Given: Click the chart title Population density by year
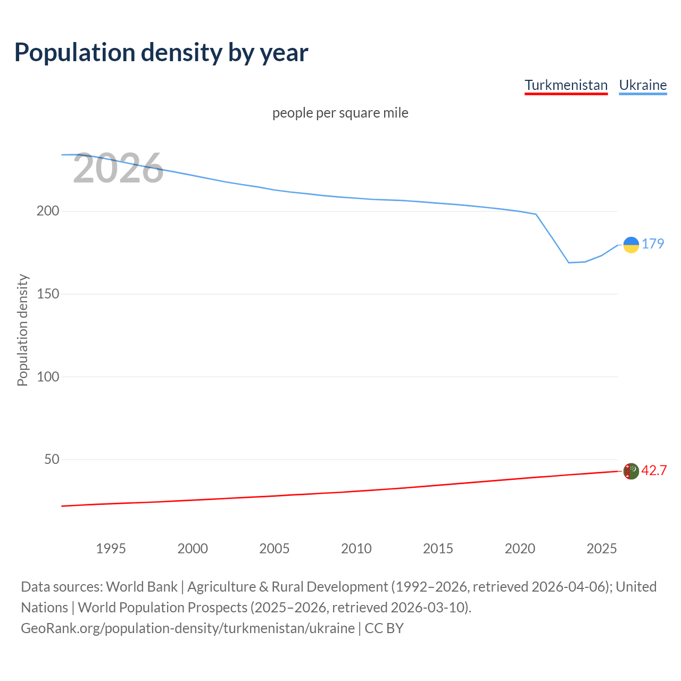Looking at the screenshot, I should tap(161, 52).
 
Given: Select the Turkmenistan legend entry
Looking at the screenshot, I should tap(566, 85).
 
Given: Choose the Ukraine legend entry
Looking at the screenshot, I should tap(643, 85).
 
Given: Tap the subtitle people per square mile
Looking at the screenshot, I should tap(340, 113).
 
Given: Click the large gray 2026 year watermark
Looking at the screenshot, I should tap(118, 169).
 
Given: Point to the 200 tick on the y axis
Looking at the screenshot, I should tap(48, 211).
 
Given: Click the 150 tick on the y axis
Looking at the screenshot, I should tap(48, 294).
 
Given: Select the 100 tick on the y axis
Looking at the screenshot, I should tap(48, 377).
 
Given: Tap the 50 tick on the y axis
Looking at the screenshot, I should tap(52, 459).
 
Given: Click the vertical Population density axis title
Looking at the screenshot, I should tap(22, 330).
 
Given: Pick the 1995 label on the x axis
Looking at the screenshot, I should tap(111, 549).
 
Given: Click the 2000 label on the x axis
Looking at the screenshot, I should tap(193, 549).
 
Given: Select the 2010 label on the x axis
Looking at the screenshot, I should tap(356, 549).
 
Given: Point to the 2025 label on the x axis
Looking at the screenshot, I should tap(602, 549).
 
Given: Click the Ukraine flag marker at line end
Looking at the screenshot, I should tap(631, 245).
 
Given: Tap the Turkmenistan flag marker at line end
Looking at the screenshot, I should tap(631, 471).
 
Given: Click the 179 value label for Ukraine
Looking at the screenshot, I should tap(653, 244).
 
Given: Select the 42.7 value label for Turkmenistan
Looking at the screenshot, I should tap(654, 470).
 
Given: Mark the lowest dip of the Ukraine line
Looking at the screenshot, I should tap(569, 262).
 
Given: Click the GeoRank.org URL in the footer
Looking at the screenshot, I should tap(188, 628).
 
